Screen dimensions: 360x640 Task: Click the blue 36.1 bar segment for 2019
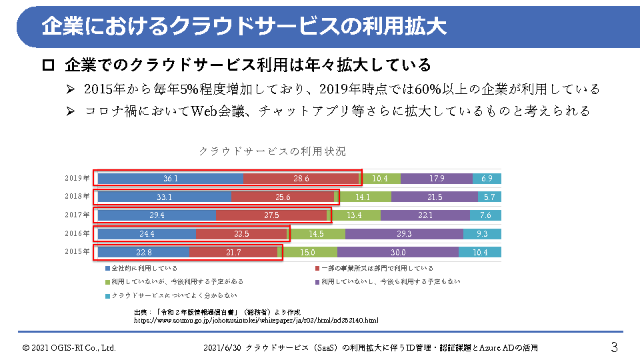(170, 179)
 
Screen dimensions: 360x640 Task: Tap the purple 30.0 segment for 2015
(397, 253)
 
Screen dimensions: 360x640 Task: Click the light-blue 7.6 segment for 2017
(485, 215)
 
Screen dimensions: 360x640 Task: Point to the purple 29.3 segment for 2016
(404, 234)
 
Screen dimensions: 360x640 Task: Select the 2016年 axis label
(77, 234)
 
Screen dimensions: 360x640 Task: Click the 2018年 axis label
(77, 197)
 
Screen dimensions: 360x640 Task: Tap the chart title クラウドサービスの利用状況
(273, 151)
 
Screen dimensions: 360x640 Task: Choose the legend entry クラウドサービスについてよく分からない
(174, 295)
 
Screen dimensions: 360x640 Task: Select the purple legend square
(317, 282)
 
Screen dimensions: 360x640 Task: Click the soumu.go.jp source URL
(256, 321)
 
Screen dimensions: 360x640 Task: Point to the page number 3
(614, 347)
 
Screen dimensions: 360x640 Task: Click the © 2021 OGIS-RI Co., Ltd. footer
(69, 348)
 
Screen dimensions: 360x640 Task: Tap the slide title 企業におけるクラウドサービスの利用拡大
(243, 26)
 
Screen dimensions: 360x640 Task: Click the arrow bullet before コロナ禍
(71, 111)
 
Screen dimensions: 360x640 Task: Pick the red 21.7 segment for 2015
(233, 253)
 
